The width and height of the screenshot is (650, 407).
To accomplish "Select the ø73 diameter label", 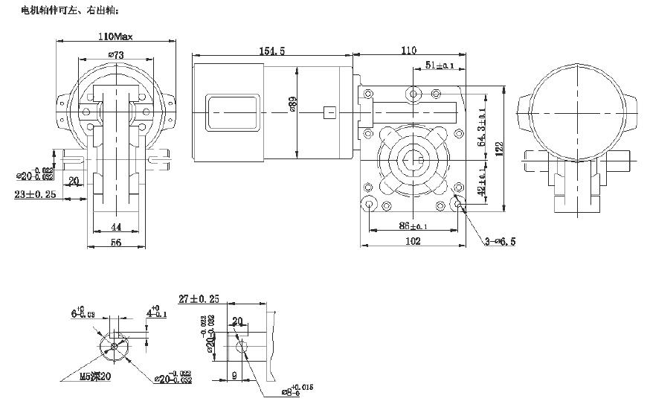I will pos(115,54).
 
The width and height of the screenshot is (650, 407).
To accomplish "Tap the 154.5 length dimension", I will pos(271,51).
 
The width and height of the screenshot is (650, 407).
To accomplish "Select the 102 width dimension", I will pos(414,241).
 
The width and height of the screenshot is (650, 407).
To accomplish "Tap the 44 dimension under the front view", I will pos(115,226).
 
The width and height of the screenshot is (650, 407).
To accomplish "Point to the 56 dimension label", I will pos(115,243).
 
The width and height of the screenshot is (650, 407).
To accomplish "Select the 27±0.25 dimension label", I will pos(199,299).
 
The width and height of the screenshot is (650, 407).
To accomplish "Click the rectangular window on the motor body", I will pos(233,112).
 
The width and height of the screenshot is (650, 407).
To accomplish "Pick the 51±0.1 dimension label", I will pos(440,66).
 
